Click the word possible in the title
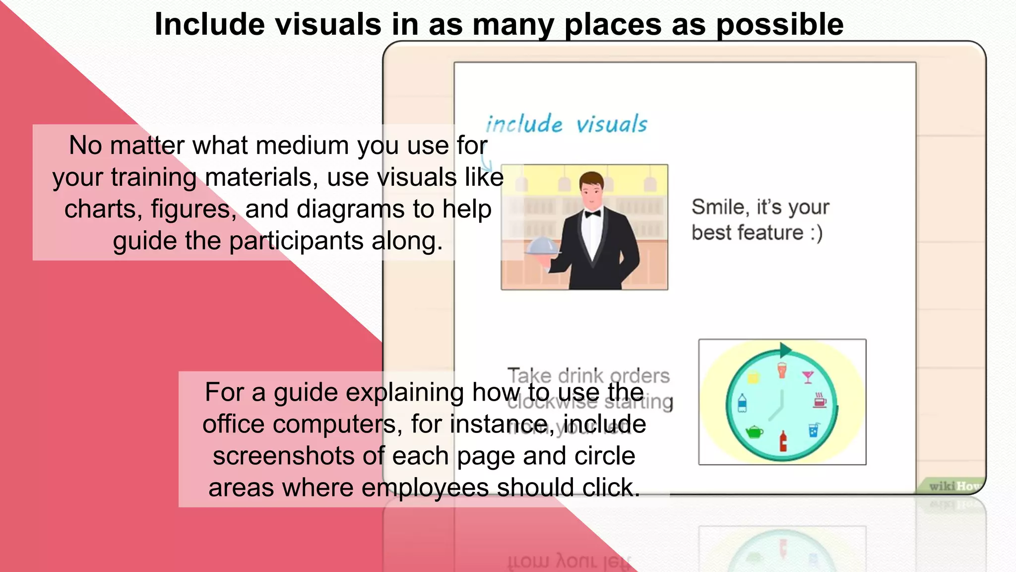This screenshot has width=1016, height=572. (780, 25)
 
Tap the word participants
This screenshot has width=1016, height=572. (297, 241)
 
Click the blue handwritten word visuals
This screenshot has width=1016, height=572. (612, 124)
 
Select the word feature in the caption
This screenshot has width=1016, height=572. (772, 233)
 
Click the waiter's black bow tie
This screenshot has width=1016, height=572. (592, 214)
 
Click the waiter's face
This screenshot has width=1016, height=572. (592, 193)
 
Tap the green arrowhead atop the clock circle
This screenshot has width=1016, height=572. (785, 350)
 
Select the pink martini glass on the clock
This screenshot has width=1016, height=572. (808, 377)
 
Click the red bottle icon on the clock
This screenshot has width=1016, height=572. (783, 441)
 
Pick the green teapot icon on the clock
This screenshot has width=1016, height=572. (754, 431)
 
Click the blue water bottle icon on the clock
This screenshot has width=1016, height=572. (742, 403)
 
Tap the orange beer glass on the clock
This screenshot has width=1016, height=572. (782, 370)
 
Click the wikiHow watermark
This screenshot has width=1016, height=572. (954, 486)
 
